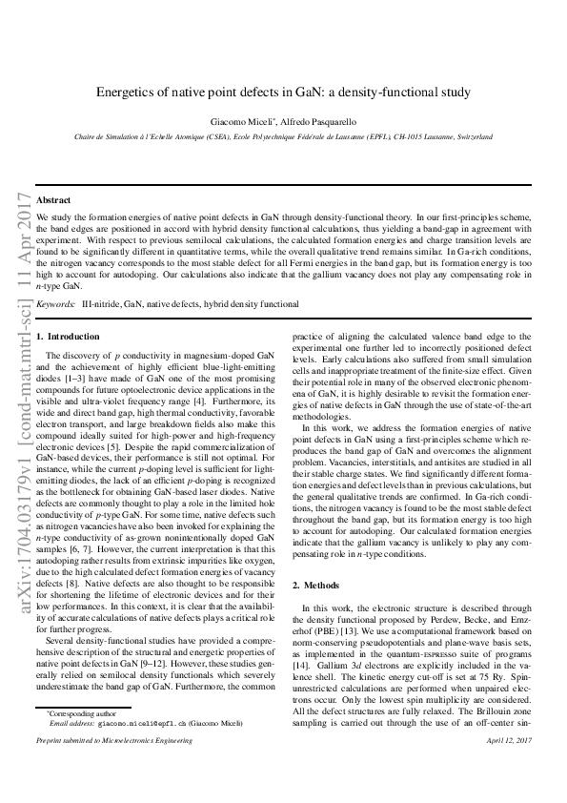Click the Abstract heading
[x=53, y=200]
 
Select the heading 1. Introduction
[x=68, y=337]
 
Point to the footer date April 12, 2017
[x=508, y=767]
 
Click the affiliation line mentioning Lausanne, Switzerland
[x=283, y=137]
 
